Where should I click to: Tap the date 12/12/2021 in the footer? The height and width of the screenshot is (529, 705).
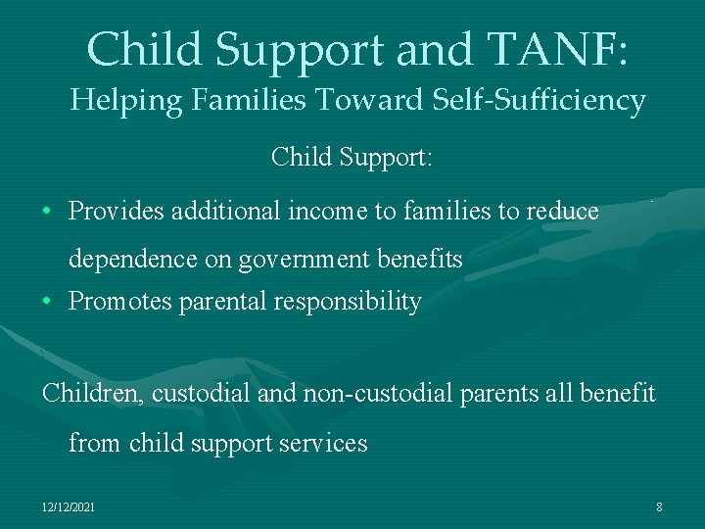(x=69, y=506)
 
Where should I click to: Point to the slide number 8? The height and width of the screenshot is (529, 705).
(x=659, y=506)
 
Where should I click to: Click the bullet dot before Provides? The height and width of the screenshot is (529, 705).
(x=47, y=212)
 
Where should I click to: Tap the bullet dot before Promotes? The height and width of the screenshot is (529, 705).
(x=47, y=302)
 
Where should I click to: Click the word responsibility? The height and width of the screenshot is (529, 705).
(x=348, y=302)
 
